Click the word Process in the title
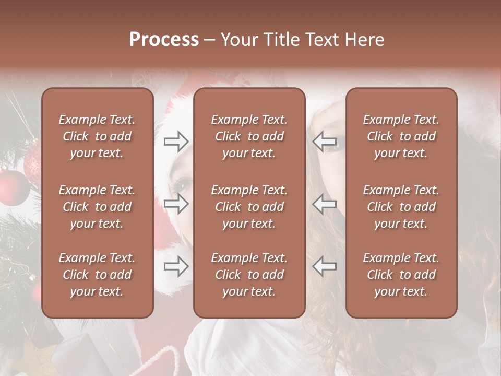click(x=164, y=40)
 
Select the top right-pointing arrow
click(x=176, y=141)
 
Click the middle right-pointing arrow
click(x=176, y=204)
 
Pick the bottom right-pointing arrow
click(x=176, y=266)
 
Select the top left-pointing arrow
click(x=324, y=141)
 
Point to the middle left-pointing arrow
click(x=324, y=204)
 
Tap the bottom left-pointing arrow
click(x=324, y=266)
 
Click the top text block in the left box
click(x=97, y=136)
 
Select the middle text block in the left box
click(x=97, y=207)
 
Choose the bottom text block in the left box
click(x=97, y=275)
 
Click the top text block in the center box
click(x=249, y=136)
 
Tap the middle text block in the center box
click(x=249, y=207)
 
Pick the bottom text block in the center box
click(x=249, y=275)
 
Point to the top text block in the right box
click(x=401, y=136)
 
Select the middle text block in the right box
click(x=401, y=207)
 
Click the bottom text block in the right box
click(x=401, y=275)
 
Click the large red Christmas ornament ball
click(x=13, y=187)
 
